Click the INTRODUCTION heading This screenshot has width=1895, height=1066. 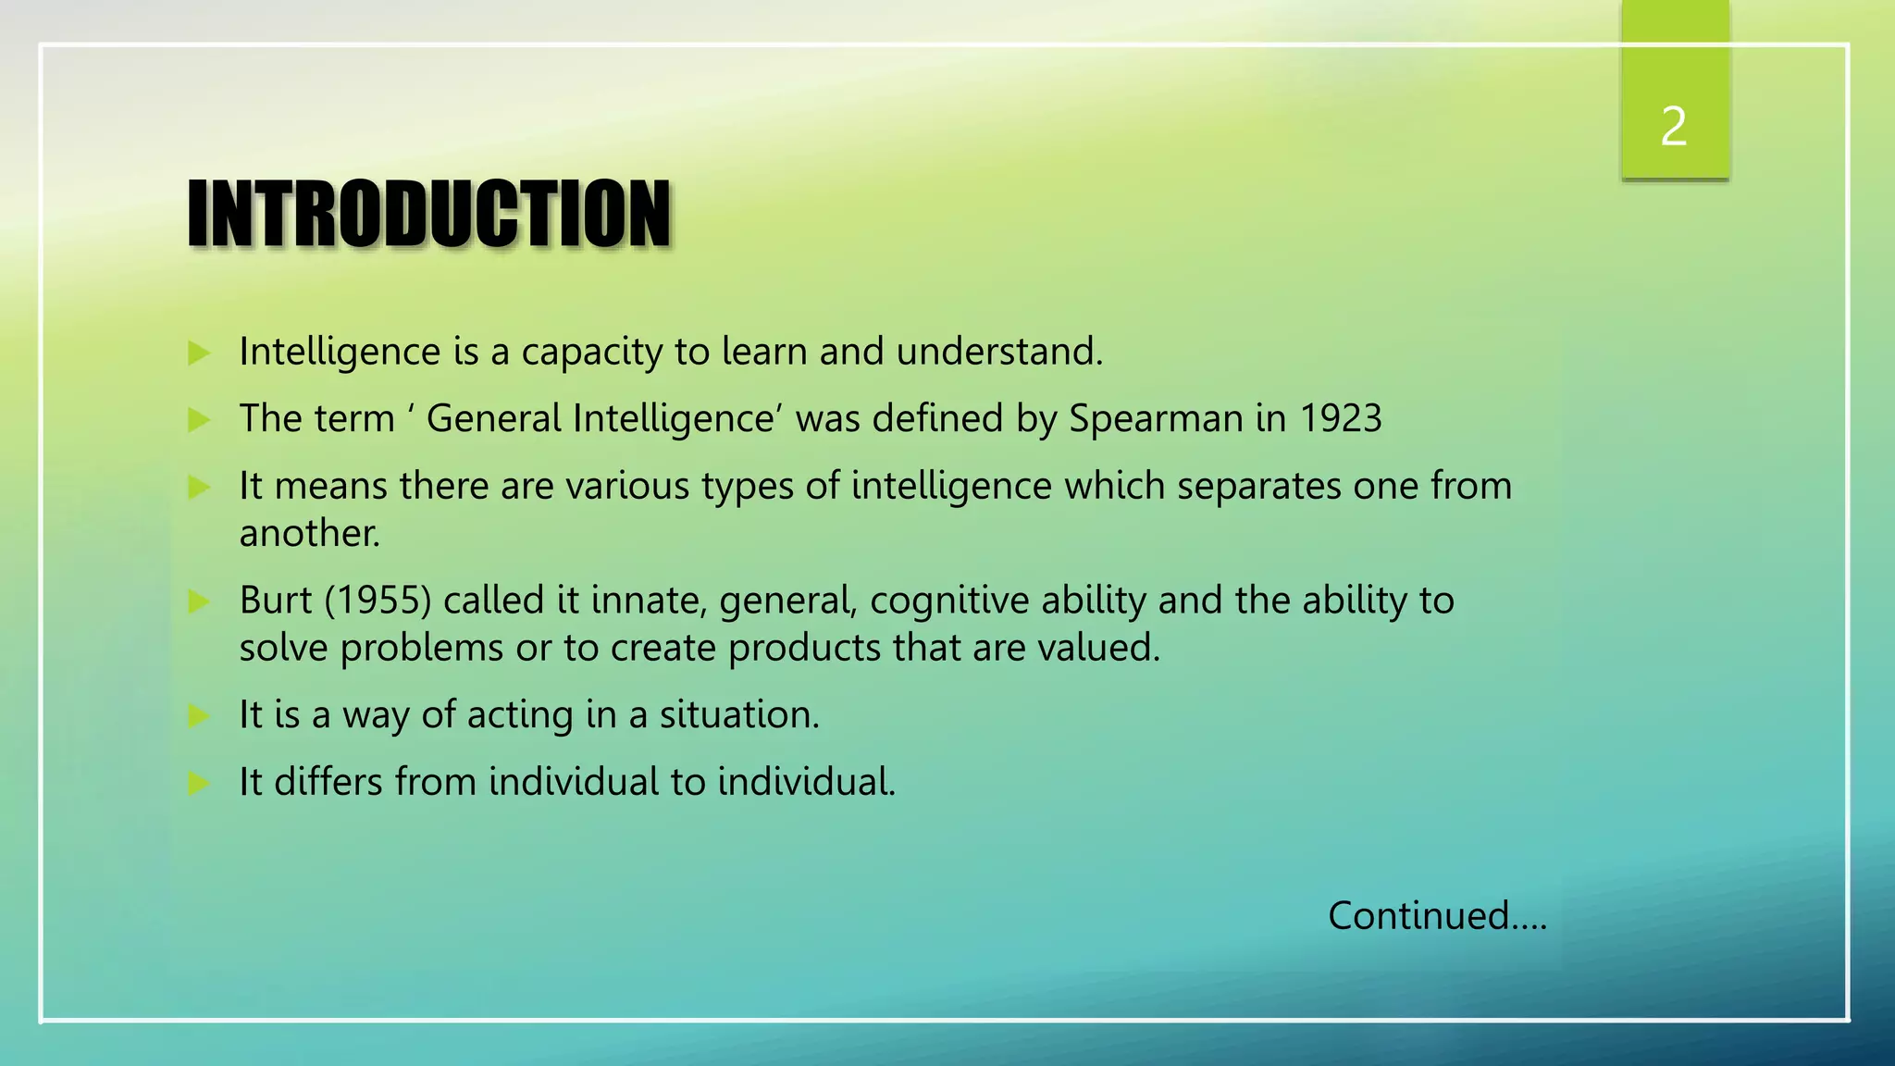click(428, 215)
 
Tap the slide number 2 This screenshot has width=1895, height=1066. click(1673, 127)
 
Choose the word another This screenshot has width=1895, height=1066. click(309, 534)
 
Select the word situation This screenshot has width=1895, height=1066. click(739, 714)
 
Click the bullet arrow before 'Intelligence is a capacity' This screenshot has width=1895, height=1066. click(199, 353)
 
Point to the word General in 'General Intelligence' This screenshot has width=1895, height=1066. click(493, 418)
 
